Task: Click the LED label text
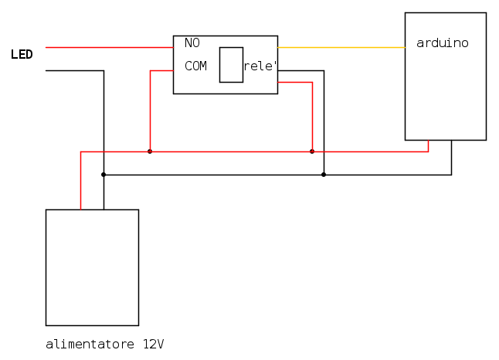click(x=22, y=54)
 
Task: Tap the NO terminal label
click(x=192, y=42)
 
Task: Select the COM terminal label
click(x=195, y=66)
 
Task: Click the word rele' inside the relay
click(x=260, y=66)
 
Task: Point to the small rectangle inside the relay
click(x=231, y=64)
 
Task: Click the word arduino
click(x=442, y=42)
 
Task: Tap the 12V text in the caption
click(x=154, y=343)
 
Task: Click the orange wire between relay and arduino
click(x=340, y=47)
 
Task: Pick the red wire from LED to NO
click(x=108, y=47)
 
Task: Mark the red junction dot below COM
click(x=150, y=151)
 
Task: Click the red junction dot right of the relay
click(x=312, y=151)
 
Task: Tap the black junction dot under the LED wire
click(x=104, y=175)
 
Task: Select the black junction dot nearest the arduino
click(x=324, y=175)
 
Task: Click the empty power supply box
click(x=92, y=267)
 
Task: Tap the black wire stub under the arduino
click(x=451, y=158)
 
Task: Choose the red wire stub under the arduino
click(x=428, y=146)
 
